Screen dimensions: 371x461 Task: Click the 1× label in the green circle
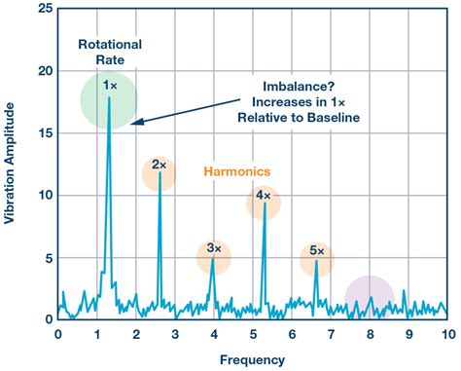[110, 87]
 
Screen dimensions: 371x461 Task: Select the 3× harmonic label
[213, 250]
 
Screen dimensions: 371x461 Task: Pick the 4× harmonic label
[263, 196]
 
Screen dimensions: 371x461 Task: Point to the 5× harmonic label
[316, 251]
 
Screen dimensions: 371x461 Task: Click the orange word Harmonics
[236, 171]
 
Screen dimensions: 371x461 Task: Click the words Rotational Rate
[109, 52]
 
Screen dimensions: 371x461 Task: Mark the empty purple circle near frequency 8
[369, 298]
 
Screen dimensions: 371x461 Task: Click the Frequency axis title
[252, 358]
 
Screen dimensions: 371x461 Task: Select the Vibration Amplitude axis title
[11, 167]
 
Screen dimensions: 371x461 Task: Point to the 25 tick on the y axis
[40, 9]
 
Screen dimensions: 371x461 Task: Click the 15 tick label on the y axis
[40, 132]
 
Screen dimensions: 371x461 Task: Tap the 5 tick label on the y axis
[44, 257]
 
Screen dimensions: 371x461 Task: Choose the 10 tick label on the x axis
[445, 333]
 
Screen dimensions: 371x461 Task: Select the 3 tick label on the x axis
[174, 333]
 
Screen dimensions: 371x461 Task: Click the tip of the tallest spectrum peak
[109, 97]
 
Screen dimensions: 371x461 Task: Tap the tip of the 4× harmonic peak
[265, 204]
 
